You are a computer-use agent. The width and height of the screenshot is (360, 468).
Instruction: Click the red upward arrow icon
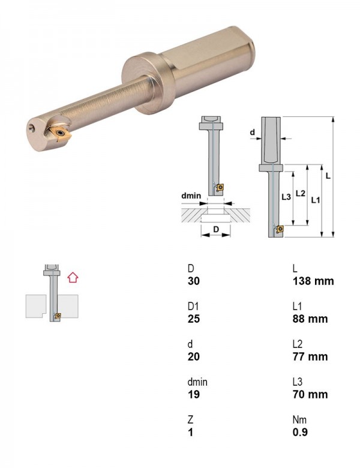point(73,278)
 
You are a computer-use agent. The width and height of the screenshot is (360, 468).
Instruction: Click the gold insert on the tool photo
point(61,133)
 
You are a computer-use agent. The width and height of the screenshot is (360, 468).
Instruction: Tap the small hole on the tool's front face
point(32,128)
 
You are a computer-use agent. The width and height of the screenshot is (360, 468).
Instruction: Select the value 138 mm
point(313,281)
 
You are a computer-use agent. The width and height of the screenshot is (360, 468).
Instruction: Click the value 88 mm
point(310,319)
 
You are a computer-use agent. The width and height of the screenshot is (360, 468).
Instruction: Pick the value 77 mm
point(310,356)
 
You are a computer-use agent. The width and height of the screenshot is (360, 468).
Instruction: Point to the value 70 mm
point(310,395)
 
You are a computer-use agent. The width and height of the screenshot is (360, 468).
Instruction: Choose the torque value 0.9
point(300,432)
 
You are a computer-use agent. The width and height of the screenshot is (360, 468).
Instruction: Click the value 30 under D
point(194,281)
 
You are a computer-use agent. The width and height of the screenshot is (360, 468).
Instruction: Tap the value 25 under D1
point(194,319)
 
